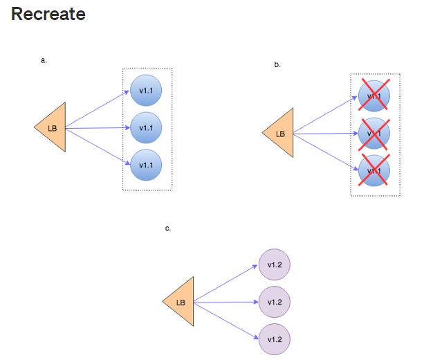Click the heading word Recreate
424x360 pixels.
48,14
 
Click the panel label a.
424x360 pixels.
44,60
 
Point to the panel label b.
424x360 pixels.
277,64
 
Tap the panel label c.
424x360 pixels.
168,228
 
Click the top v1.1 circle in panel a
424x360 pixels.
146,91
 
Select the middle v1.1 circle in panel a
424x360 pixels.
146,128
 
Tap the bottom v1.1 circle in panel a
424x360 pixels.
146,165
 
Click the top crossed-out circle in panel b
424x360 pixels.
374,96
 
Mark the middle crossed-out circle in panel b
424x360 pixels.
374,134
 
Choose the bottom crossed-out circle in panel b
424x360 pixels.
374,170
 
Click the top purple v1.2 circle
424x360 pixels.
274,265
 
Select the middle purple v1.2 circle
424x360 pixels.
274,302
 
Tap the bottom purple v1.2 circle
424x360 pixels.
274,339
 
